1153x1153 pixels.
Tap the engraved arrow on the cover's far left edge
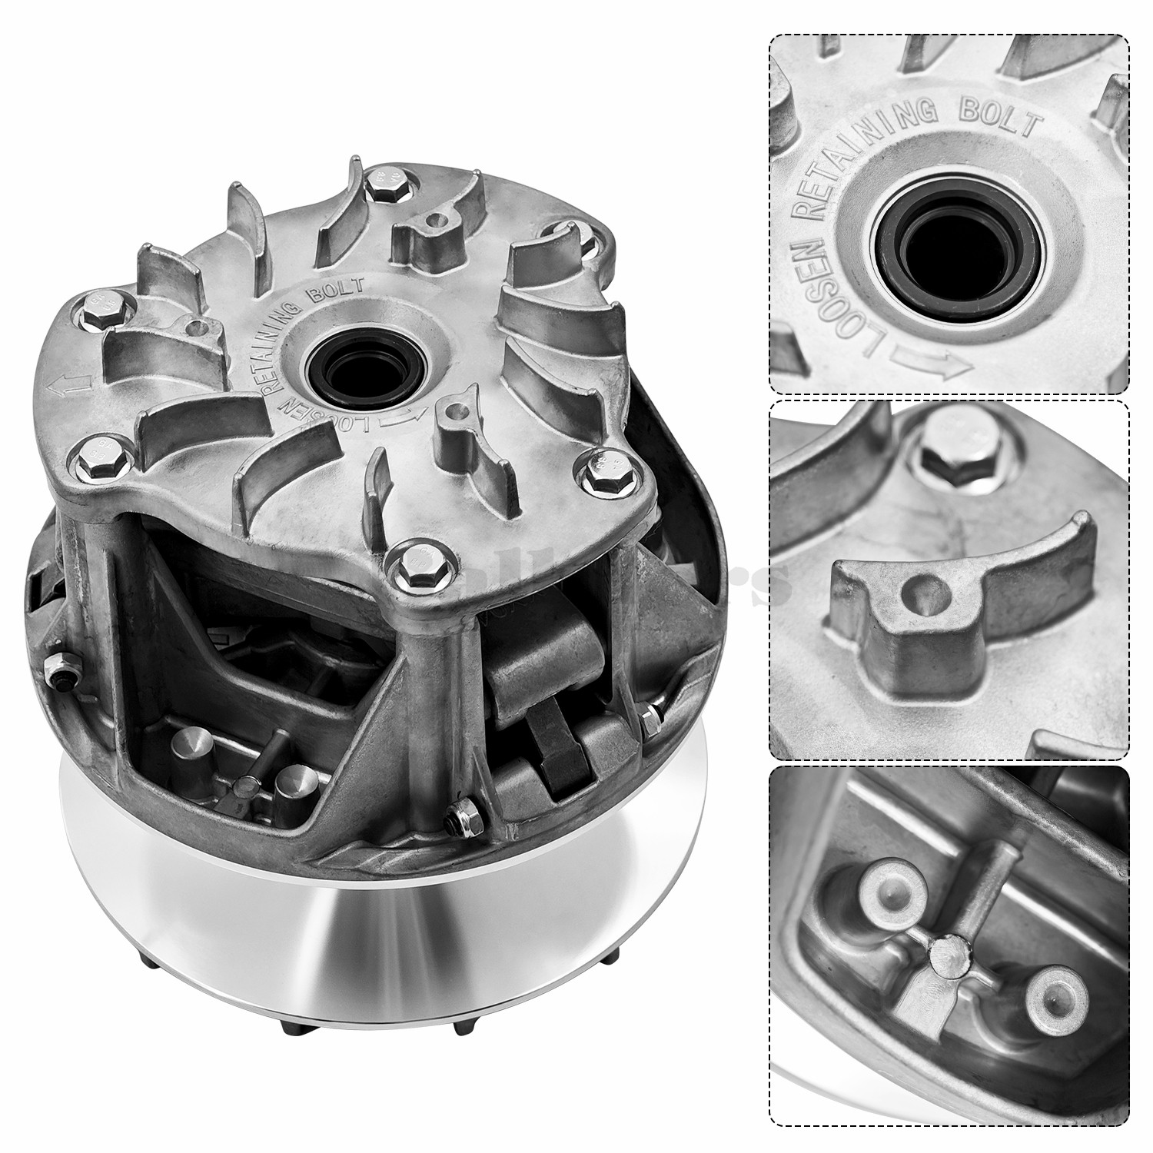(x=65, y=385)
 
